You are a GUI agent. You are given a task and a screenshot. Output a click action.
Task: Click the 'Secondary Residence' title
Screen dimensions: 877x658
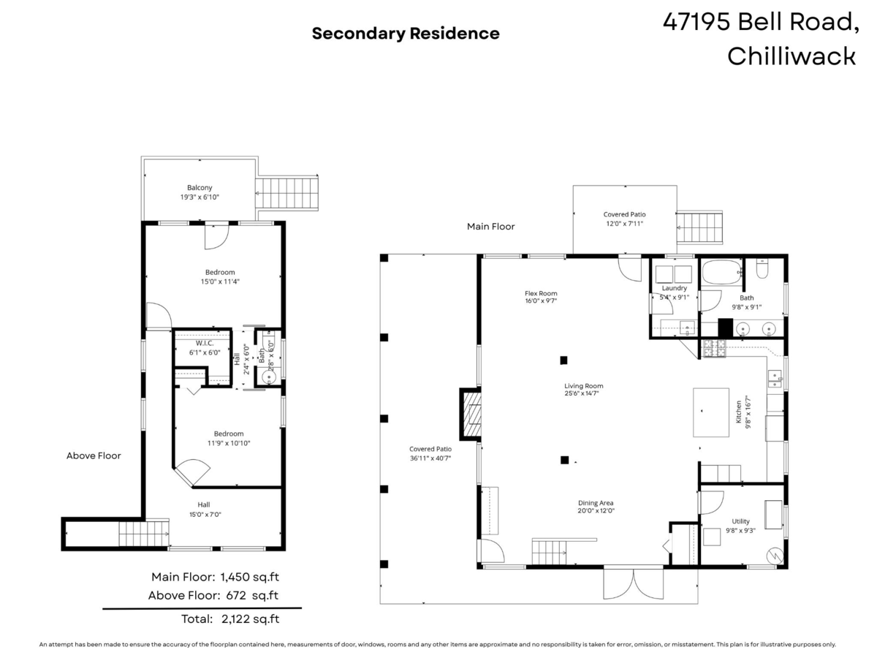[x=405, y=34]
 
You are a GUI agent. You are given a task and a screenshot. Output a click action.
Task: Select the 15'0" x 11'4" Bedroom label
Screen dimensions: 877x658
[x=220, y=276]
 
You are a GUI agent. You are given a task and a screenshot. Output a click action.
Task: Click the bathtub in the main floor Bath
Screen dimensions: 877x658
[x=722, y=272]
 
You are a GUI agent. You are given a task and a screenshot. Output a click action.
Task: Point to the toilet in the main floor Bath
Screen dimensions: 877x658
[x=762, y=268]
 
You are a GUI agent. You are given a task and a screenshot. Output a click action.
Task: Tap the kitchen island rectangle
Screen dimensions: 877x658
[x=711, y=412]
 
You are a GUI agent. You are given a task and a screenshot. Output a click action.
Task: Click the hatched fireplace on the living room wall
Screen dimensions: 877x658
[x=471, y=415]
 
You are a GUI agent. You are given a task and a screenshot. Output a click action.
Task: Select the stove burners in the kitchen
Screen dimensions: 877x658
[x=714, y=348]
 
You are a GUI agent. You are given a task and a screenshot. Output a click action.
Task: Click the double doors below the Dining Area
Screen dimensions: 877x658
[x=634, y=583]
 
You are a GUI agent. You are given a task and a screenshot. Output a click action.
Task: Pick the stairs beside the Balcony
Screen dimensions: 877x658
[x=287, y=193]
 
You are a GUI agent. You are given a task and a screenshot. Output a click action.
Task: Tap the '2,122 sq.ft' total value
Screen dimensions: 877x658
[x=250, y=619]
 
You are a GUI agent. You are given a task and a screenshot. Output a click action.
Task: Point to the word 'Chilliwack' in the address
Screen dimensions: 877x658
[x=791, y=56]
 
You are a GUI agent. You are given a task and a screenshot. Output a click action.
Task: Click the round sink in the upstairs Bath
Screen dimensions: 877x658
[x=269, y=377]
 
